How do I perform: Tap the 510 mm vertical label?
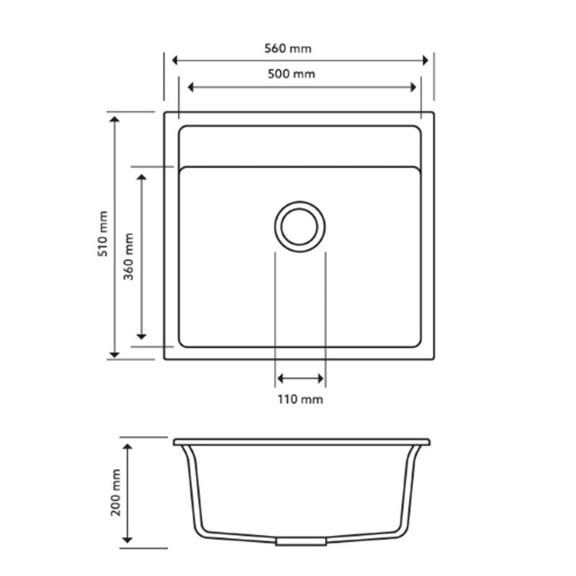click(102, 234)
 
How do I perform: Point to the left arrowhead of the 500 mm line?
click(192, 87)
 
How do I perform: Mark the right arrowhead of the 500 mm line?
click(413, 87)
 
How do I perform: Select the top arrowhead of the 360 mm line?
click(142, 176)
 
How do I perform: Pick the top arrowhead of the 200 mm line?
click(128, 449)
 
